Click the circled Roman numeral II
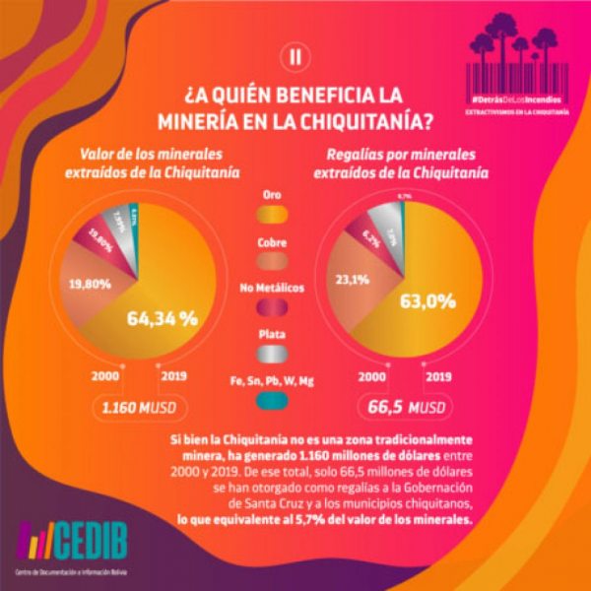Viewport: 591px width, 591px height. click(292, 56)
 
